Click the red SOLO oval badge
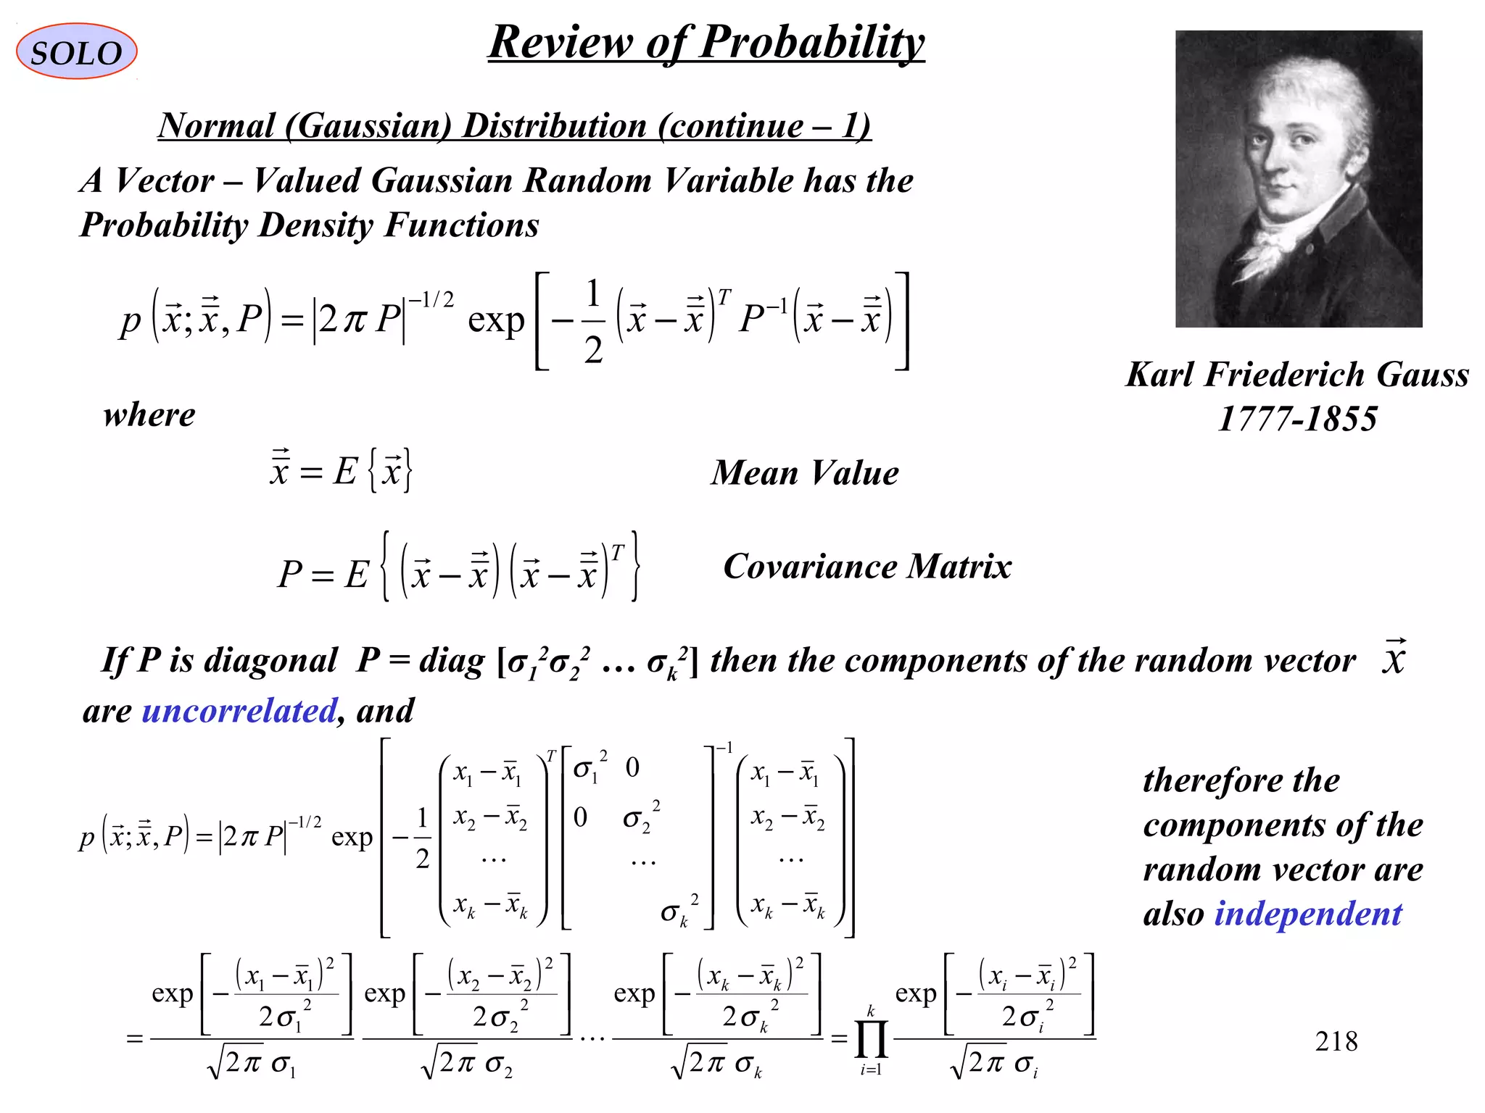[x=76, y=51]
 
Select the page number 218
[x=1336, y=1041]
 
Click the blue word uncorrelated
[x=239, y=711]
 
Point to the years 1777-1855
[x=1297, y=419]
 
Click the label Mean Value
[x=805, y=473]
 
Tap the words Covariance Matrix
[x=867, y=567]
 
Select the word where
[x=149, y=415]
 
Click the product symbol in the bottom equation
[x=871, y=1040]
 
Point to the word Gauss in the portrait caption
[x=1422, y=375]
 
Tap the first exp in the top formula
[x=496, y=320]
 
